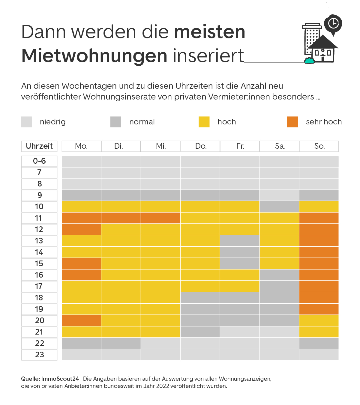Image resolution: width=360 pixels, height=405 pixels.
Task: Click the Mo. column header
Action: (81, 146)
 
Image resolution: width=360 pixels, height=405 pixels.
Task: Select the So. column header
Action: (319, 146)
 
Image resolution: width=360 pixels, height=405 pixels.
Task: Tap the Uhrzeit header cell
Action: (39, 146)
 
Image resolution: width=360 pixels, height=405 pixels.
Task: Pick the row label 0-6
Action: (39, 161)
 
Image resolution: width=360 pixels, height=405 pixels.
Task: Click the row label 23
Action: (39, 355)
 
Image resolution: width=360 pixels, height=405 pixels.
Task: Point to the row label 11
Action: (39, 218)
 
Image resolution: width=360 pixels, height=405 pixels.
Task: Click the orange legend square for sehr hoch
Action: (292, 122)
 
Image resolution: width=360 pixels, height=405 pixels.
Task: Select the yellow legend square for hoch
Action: (204, 122)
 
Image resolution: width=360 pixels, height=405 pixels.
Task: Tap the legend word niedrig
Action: (53, 122)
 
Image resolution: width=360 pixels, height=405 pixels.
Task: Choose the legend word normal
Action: (142, 122)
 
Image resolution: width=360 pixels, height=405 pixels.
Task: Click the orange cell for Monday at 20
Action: (81, 320)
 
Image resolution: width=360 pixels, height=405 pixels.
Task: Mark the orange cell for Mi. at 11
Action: (160, 218)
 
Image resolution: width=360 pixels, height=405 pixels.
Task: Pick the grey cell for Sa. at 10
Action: (279, 207)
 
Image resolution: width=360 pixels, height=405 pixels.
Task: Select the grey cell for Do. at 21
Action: (200, 332)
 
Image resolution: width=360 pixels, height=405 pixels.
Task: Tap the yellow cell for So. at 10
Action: (319, 207)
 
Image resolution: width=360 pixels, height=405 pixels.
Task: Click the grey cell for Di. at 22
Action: (121, 343)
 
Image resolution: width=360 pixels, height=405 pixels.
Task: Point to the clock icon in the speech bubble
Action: (333, 23)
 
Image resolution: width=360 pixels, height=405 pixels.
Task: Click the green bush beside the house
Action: (309, 60)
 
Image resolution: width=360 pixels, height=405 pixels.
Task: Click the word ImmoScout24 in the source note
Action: (60, 379)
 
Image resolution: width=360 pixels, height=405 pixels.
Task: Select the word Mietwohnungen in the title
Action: (94, 56)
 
